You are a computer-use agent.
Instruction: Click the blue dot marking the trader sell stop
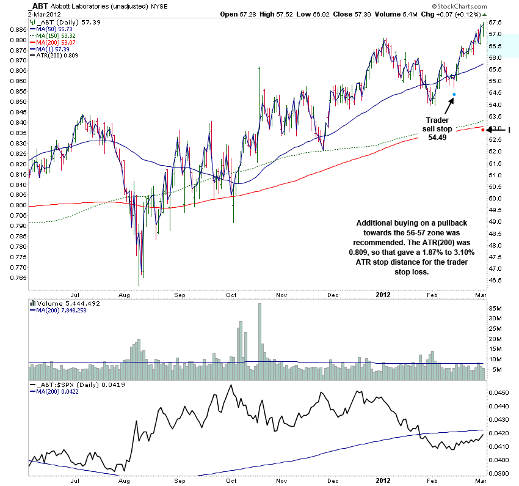pyautogui.click(x=454, y=94)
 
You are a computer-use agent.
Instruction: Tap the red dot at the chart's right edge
pyautogui.click(x=483, y=130)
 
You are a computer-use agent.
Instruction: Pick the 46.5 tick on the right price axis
pyautogui.click(x=495, y=280)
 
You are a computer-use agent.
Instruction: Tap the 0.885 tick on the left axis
pyautogui.click(x=18, y=29)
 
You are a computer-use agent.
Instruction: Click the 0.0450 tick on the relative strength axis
pyautogui.click(x=500, y=391)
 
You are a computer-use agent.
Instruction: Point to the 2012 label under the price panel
pyautogui.click(x=381, y=295)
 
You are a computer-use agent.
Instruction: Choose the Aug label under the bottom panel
pyautogui.click(x=126, y=482)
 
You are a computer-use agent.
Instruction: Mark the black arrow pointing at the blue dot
pyautogui.click(x=448, y=105)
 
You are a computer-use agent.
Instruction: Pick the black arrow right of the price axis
pyautogui.click(x=498, y=130)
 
